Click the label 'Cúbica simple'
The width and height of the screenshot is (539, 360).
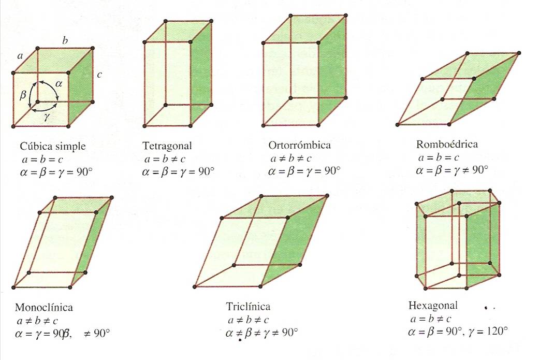point(53,146)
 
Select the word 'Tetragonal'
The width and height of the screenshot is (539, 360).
point(167,146)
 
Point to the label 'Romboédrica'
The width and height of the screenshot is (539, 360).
point(447,144)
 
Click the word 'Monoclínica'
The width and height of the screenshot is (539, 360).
point(44,307)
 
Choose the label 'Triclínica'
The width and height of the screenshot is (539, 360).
point(248,307)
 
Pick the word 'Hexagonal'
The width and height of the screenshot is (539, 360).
point(433,306)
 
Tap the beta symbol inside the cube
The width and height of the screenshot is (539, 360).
point(23,95)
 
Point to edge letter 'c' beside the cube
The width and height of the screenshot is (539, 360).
point(99,75)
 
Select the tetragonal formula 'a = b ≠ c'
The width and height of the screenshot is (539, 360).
point(164,159)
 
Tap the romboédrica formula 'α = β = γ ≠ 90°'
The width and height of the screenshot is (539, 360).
point(453,169)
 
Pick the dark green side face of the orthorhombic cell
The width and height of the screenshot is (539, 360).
point(331,73)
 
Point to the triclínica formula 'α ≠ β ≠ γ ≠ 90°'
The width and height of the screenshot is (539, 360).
point(262,333)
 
